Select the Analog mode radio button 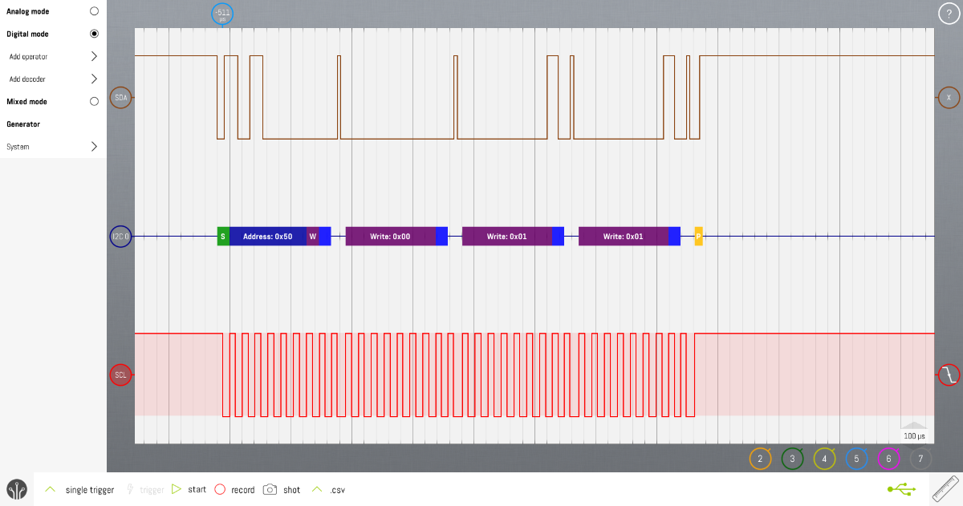pos(94,12)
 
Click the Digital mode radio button pos(94,34)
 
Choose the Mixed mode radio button pos(94,102)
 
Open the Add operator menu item pos(52,57)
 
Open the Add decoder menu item pos(52,79)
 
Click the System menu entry pos(52,147)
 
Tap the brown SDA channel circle pos(120,98)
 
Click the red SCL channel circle pos(120,374)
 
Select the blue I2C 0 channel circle pos(120,237)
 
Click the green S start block pos(223,237)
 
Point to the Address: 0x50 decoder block pos(267,237)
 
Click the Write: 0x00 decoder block pos(390,237)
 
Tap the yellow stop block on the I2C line pos(698,237)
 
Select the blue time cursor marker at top pos(222,14)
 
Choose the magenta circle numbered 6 pos(888,459)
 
